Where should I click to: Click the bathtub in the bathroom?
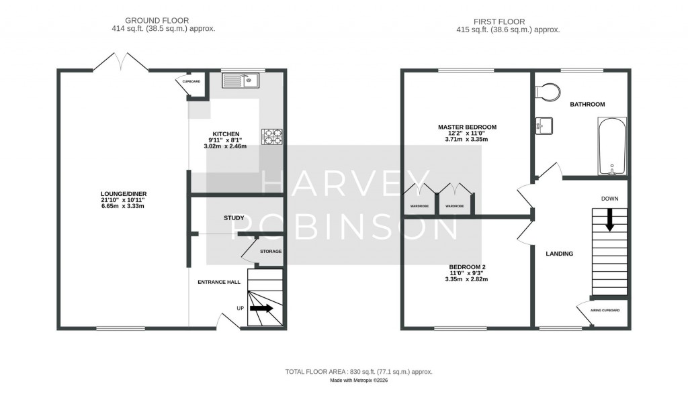point(611,146)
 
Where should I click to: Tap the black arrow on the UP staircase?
point(261,309)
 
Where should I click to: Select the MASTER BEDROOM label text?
point(467,127)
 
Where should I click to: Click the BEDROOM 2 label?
point(467,266)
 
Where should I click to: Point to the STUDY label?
point(234,218)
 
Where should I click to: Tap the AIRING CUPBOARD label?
point(605,310)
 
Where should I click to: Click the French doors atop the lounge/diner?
point(120,62)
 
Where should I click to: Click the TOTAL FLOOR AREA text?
point(358,371)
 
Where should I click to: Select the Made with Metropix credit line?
point(358,380)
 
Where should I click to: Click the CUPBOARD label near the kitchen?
point(191,81)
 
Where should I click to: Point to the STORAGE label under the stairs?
point(271,251)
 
